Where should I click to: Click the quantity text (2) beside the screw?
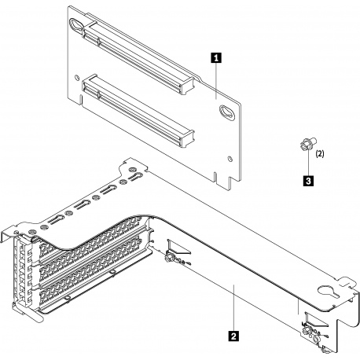[321, 156]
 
